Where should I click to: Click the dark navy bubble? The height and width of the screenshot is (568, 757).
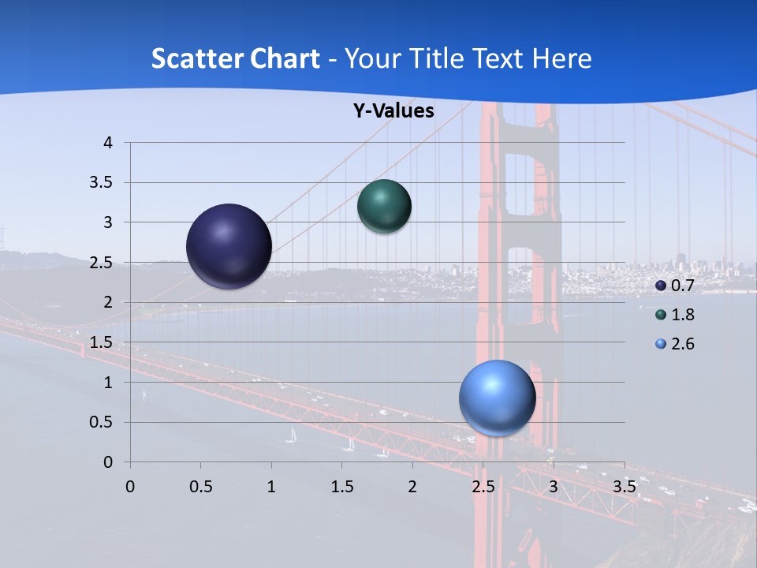point(229,246)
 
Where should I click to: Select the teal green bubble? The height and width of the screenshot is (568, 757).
point(384,207)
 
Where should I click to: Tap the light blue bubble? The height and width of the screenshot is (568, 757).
point(497,398)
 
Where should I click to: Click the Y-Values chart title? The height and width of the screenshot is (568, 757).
point(393,111)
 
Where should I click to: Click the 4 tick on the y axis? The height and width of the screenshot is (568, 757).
point(108,143)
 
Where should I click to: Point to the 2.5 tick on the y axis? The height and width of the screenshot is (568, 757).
point(102,263)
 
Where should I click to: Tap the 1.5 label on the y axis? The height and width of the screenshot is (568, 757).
point(102,342)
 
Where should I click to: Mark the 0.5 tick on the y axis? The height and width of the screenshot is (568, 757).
point(102,422)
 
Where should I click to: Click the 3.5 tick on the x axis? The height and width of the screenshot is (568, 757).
point(624,487)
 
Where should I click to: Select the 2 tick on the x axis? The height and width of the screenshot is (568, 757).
point(412,487)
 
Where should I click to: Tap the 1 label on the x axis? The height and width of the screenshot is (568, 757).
point(271,487)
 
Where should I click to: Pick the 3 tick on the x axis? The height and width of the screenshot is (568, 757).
point(554,487)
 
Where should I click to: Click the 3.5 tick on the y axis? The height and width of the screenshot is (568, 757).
point(102,183)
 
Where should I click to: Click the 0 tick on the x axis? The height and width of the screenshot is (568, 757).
point(130,487)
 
